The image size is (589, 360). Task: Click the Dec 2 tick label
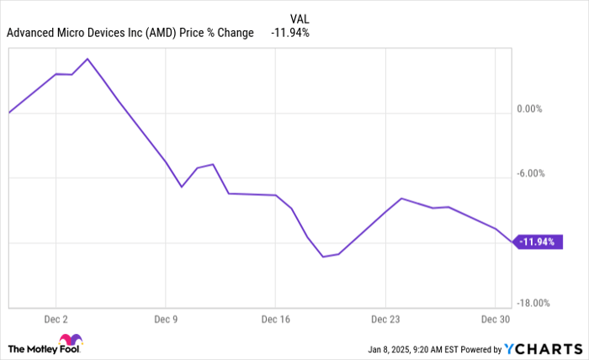tap(56, 320)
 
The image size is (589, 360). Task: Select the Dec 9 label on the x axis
tap(165, 320)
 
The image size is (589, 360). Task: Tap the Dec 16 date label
tap(275, 320)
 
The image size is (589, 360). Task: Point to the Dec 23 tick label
tap(385, 320)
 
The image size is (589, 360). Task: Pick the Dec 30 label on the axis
tap(495, 320)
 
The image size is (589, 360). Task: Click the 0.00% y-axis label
tap(530, 109)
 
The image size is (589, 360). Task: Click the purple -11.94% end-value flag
tap(536, 242)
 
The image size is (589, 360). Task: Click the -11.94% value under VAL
tap(290, 34)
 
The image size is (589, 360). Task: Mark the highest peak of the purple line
tap(88, 59)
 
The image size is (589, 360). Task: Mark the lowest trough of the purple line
tap(323, 257)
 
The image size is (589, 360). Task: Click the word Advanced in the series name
tap(32, 34)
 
